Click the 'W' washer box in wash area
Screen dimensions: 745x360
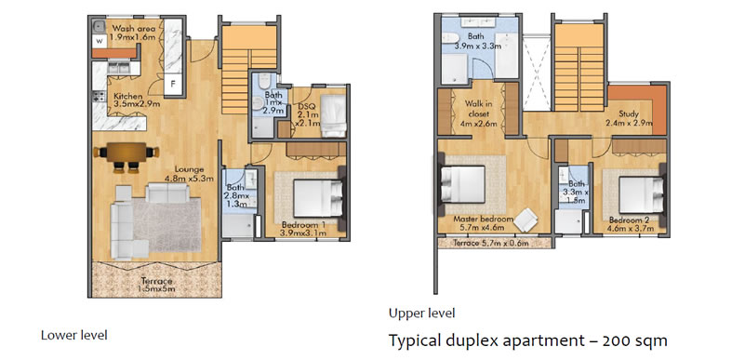click(100, 41)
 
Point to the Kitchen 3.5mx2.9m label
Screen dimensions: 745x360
click(135, 100)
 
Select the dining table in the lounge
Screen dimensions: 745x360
click(126, 153)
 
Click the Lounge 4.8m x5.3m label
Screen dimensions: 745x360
click(189, 174)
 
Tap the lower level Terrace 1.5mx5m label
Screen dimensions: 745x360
click(157, 285)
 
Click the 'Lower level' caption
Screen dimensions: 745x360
click(74, 335)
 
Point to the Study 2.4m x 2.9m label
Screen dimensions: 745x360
click(628, 119)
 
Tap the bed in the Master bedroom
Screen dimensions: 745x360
click(462, 184)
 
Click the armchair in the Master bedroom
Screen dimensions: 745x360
click(525, 220)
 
